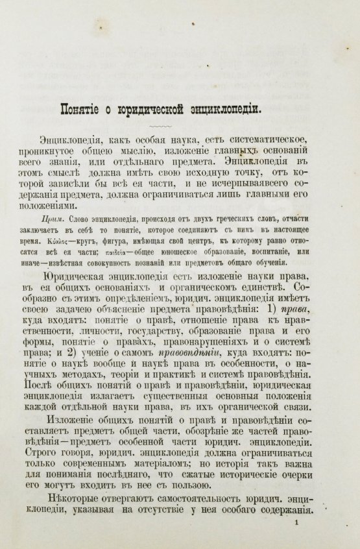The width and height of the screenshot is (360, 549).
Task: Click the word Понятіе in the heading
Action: coord(80,108)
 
